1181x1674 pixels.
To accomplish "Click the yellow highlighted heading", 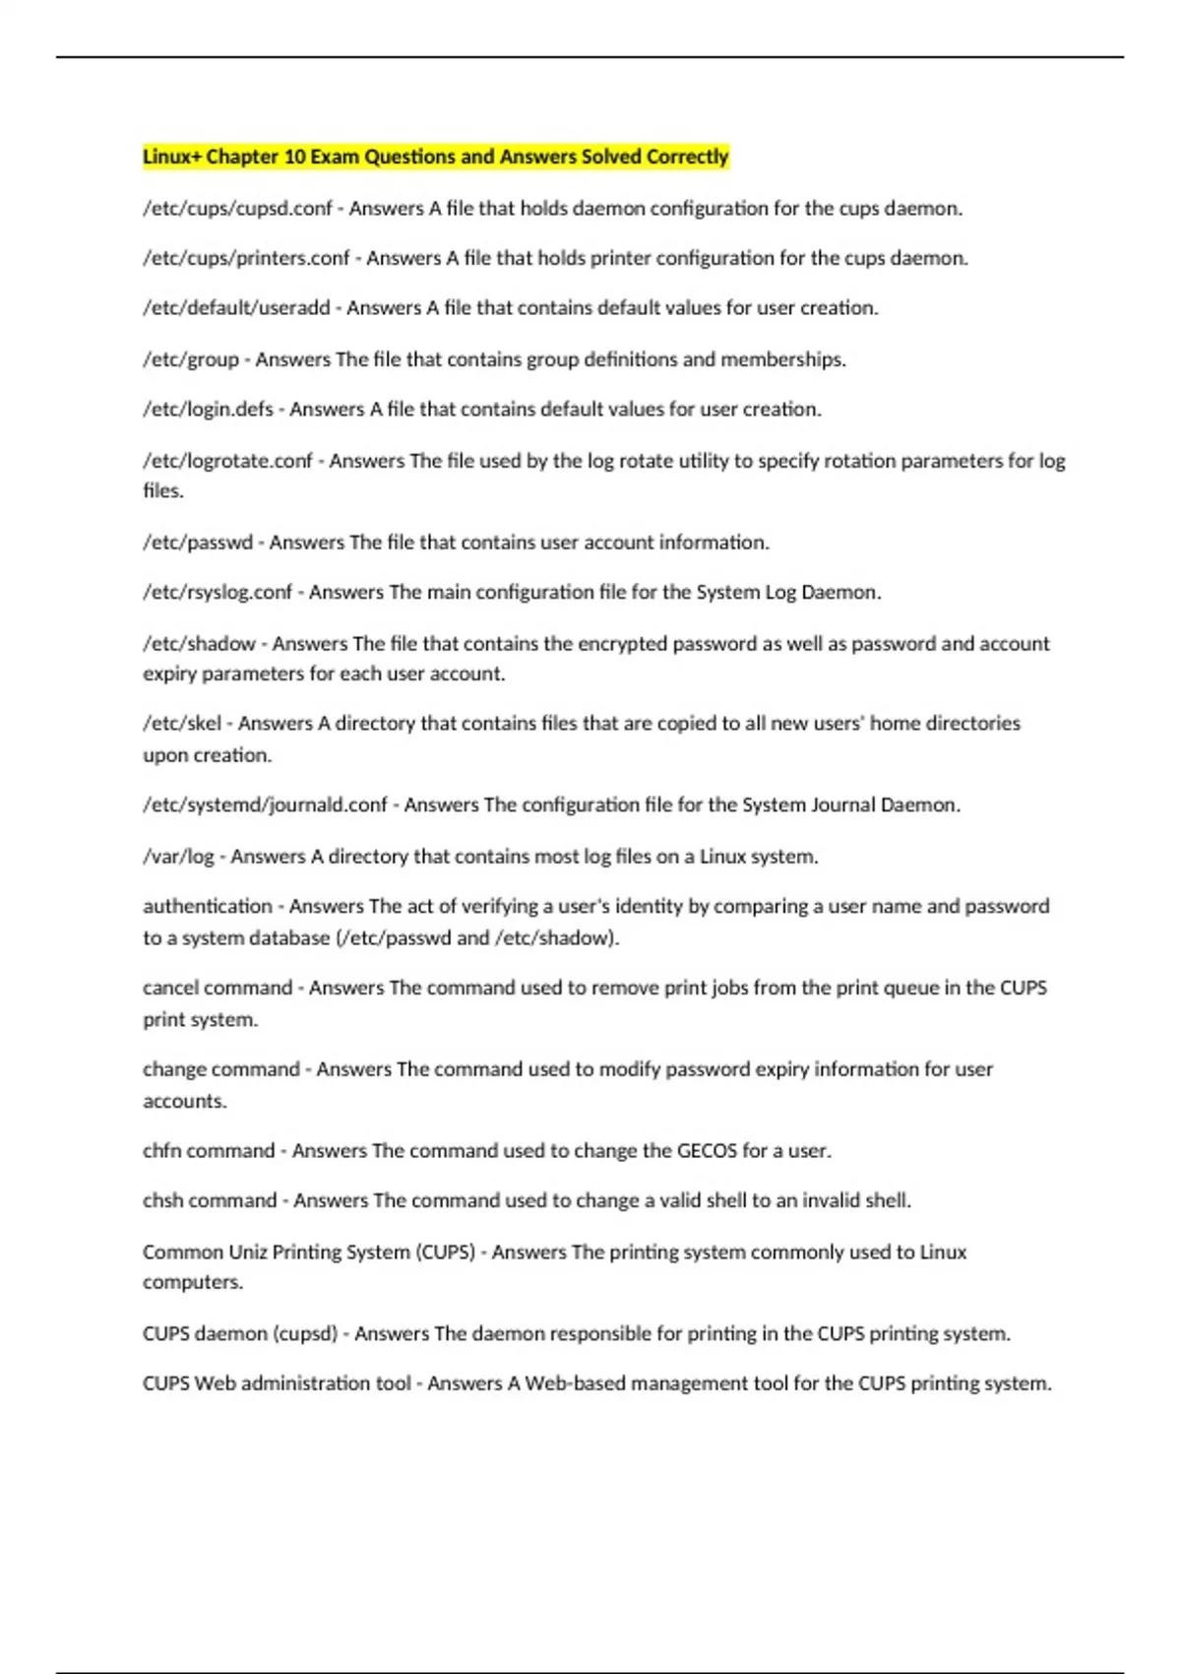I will click(x=435, y=157).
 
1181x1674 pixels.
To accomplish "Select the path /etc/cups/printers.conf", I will click(x=246, y=258).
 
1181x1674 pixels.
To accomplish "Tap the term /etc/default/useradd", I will click(x=236, y=308).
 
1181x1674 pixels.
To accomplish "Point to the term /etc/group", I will click(x=191, y=359).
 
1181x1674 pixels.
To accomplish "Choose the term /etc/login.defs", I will click(x=208, y=410).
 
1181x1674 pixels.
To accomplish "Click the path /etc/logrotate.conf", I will click(x=227, y=461).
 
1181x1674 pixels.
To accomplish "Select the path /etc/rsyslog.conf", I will click(x=218, y=593).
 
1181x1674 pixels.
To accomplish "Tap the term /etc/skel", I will click(x=182, y=724).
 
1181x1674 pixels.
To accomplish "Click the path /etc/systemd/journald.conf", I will click(x=265, y=805).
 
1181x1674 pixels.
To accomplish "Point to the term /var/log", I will click(x=178, y=857).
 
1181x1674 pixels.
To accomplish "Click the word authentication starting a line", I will click(x=207, y=906).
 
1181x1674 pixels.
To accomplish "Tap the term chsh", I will click(x=162, y=1200).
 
